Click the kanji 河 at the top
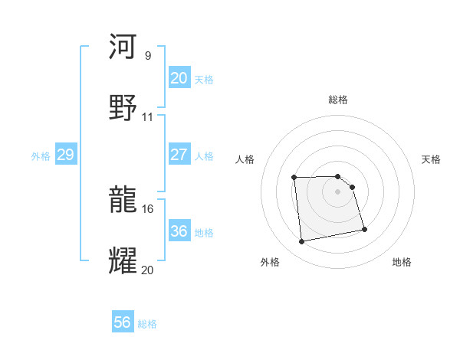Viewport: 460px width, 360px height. [123, 47]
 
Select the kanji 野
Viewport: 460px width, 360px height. [123, 108]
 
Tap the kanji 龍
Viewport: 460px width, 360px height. [123, 201]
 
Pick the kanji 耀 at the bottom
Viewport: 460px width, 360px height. [123, 261]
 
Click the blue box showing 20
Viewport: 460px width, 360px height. [179, 77]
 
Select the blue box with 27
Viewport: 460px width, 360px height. [179, 154]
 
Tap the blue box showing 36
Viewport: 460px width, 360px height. [179, 231]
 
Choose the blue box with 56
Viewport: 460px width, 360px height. [123, 322]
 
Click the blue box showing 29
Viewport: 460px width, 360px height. [65, 155]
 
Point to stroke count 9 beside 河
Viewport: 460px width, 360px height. [148, 56]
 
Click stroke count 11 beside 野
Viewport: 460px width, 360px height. [148, 117]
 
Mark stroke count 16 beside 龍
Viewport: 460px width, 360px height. [148, 208]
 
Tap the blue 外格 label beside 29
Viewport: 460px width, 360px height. [41, 155]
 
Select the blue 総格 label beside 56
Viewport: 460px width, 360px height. [147, 324]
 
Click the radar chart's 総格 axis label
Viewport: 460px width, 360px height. [338, 100]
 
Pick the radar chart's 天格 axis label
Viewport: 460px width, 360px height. [432, 159]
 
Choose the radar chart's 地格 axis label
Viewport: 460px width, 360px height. [402, 262]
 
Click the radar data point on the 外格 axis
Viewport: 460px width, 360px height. [302, 242]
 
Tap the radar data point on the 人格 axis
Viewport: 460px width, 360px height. [294, 178]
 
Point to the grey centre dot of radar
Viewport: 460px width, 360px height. [338, 191]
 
